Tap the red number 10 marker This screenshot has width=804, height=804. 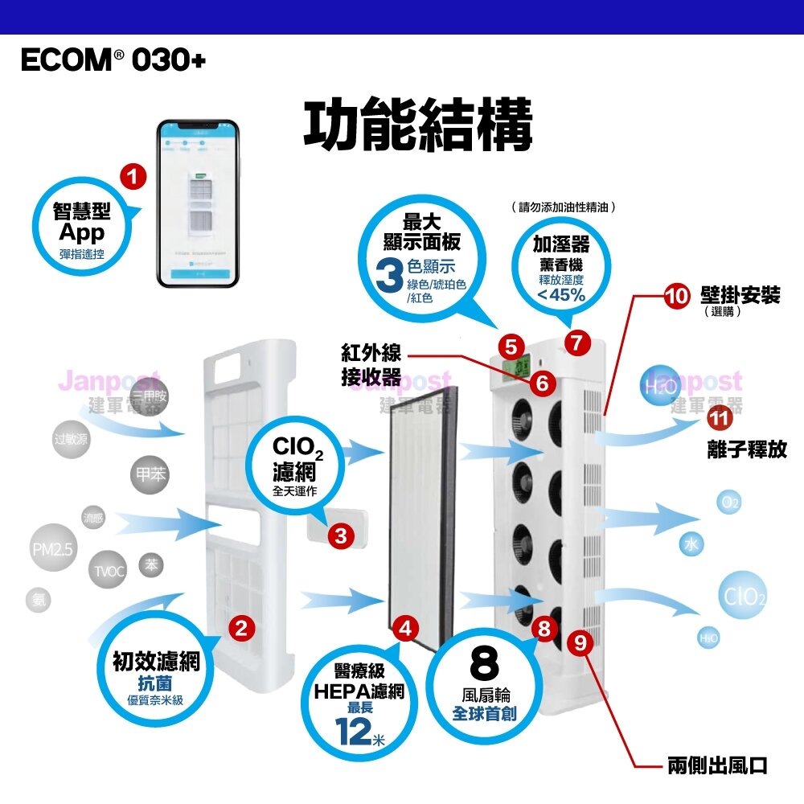678,296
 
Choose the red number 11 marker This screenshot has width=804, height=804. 719,417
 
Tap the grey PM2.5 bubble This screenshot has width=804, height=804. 53,551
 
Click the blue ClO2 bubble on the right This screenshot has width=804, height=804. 744,597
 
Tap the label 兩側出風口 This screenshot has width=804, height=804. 717,765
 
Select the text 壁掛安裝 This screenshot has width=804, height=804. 740,294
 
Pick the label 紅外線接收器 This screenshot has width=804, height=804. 371,366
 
